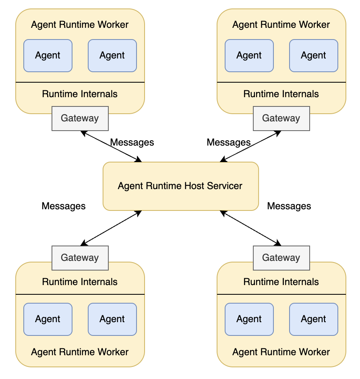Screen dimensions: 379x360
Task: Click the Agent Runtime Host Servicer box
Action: [180, 186]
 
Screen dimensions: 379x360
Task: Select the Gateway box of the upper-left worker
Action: [80, 119]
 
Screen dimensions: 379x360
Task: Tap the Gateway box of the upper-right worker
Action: [281, 119]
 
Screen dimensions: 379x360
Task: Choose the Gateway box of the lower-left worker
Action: [80, 258]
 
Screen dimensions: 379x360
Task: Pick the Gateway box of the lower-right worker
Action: [281, 258]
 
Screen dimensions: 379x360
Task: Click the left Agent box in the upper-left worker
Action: [48, 56]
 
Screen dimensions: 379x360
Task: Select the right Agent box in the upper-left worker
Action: [112, 56]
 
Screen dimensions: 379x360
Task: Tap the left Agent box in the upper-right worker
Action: [249, 56]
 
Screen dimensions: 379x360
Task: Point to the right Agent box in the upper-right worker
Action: [314, 56]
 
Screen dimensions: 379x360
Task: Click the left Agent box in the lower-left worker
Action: [48, 319]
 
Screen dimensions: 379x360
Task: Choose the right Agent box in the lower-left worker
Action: [112, 319]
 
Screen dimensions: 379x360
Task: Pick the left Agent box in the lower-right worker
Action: [249, 319]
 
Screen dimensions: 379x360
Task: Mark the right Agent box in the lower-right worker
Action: [314, 319]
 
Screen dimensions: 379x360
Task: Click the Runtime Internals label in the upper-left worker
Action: [80, 94]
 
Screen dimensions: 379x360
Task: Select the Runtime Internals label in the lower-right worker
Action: [281, 282]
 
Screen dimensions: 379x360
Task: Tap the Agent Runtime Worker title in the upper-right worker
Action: [281, 25]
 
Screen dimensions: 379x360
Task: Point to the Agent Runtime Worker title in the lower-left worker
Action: [80, 352]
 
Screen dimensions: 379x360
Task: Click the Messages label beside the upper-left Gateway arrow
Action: [132, 142]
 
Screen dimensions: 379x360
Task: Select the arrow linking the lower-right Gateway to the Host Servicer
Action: [250, 228]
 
